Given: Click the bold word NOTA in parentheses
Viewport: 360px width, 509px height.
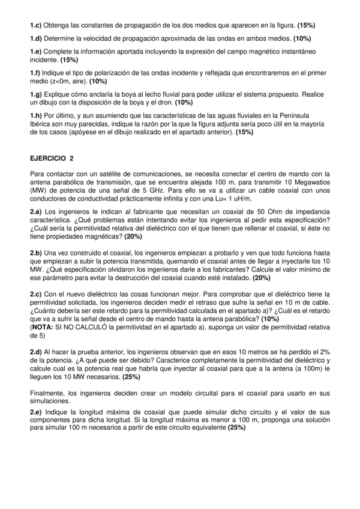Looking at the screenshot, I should tap(43, 328).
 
